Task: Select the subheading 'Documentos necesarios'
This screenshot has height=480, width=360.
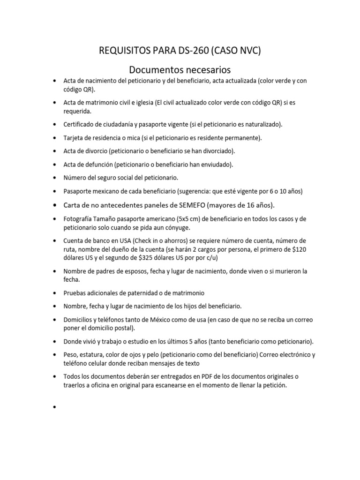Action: coord(180,70)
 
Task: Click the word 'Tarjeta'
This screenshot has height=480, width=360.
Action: coord(75,138)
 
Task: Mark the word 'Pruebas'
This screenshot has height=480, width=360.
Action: coord(75,293)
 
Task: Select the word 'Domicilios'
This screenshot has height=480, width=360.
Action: coord(79,320)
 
